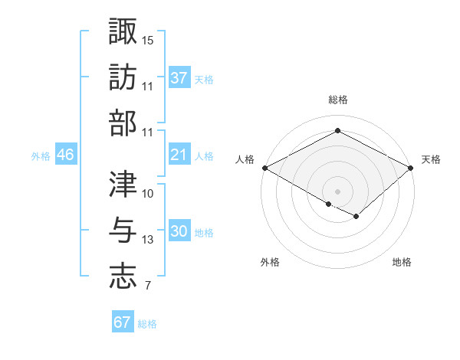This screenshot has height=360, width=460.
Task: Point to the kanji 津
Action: pos(123,184)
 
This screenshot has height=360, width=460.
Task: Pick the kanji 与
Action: pos(123,231)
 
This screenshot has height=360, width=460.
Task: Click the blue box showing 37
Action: pos(179,78)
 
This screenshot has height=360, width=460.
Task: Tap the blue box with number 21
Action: pos(179,155)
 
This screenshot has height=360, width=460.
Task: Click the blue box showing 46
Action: pos(65,155)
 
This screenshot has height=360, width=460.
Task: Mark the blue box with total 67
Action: pos(122,322)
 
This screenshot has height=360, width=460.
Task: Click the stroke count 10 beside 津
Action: pos(148,194)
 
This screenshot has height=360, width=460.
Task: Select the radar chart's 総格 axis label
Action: pos(337,100)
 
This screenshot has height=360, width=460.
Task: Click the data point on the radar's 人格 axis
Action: pos(264,168)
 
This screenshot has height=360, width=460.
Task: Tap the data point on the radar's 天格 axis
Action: pos(412,168)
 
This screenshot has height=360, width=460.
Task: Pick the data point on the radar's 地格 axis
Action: pos(356,217)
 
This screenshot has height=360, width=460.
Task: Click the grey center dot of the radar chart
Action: pos(337,191)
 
